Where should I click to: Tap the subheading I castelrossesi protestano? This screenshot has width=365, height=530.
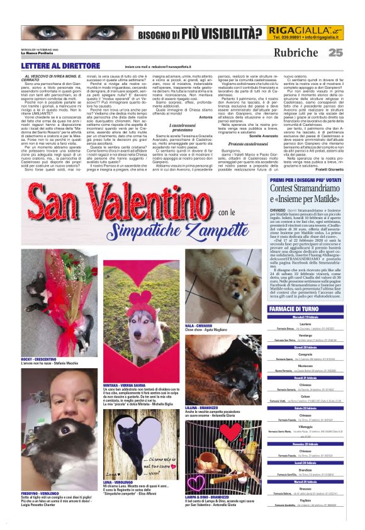(x=171, y=126)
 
